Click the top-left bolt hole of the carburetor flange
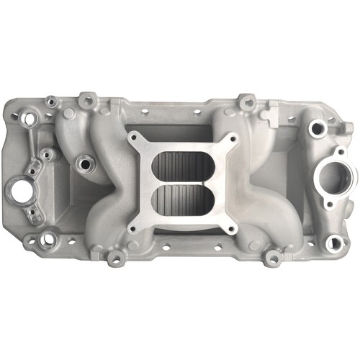(x=133, y=135)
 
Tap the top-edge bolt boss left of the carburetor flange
(x=88, y=99)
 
